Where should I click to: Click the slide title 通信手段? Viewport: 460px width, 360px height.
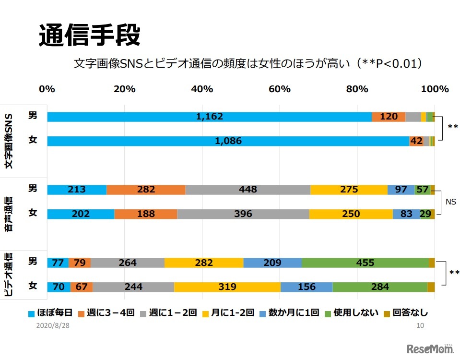click(x=89, y=35)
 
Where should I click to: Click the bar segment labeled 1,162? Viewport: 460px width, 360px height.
click(x=209, y=117)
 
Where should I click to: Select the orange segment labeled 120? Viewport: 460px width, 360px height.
click(x=389, y=117)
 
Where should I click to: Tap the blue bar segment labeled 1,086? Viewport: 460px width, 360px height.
click(x=228, y=141)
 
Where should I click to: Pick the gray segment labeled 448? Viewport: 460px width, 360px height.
click(x=248, y=190)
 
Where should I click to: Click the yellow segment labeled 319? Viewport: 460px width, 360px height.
click(x=227, y=287)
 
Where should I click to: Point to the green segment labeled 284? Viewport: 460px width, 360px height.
click(x=379, y=287)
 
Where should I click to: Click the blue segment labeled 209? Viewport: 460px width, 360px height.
click(x=272, y=263)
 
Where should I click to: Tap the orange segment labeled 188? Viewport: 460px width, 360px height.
click(x=145, y=214)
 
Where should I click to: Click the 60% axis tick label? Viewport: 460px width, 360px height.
click(x=280, y=89)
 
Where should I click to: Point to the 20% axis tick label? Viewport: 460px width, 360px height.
click(x=125, y=89)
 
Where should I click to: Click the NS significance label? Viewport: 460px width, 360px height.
click(x=450, y=202)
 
